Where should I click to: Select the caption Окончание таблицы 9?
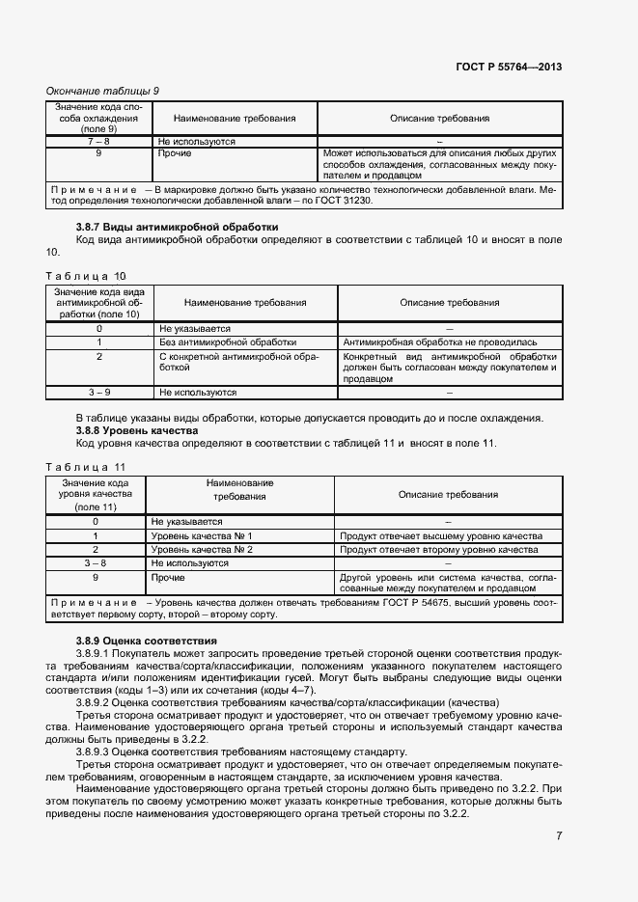103,91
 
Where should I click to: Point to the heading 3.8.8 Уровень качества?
137,430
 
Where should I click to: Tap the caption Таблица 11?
86,468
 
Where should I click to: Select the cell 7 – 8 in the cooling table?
99,141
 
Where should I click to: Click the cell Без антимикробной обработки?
228,342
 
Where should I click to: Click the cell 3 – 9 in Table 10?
99,393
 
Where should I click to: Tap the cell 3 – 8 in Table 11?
96,561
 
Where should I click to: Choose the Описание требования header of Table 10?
449,302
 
